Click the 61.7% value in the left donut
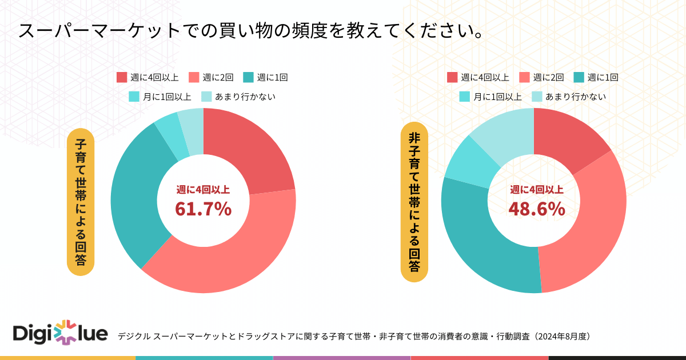point(203,209)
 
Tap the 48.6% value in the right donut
point(536,209)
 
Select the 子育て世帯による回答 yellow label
point(81,201)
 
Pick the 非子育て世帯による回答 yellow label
point(414,201)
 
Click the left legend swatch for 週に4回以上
point(121,77)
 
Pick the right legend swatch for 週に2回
point(524,77)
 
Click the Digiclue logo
point(59,333)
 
